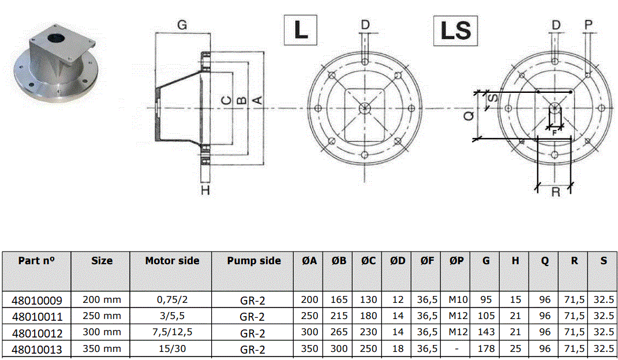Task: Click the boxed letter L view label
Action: [300, 30]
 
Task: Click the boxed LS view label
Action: [456, 31]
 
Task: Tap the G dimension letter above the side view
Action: [182, 25]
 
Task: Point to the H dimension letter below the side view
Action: [205, 190]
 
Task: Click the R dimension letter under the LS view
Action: [556, 192]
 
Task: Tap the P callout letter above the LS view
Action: [589, 25]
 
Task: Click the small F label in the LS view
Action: [554, 133]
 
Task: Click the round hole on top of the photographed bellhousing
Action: [55, 38]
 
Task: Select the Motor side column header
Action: [172, 261]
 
